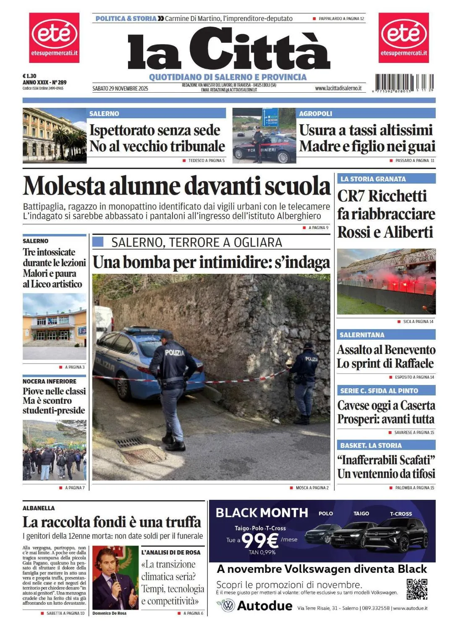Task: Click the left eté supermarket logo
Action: (54, 37)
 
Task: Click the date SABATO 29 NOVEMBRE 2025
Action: (120, 88)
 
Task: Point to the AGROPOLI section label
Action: (315, 114)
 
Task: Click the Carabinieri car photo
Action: (264, 136)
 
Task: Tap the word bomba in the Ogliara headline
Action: (147, 263)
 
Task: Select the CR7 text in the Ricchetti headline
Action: (351, 196)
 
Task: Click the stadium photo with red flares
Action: (386, 281)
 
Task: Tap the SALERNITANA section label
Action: (362, 335)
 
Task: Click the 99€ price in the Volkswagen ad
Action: (260, 541)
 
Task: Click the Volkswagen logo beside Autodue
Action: (228, 606)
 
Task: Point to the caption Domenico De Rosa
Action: (109, 613)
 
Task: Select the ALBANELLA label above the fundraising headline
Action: (39, 508)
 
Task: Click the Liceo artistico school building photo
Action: (55, 326)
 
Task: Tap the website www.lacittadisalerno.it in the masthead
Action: (338, 88)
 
